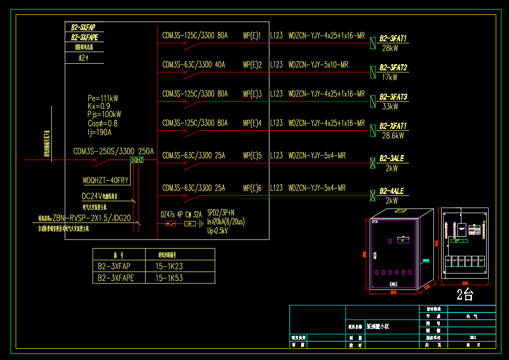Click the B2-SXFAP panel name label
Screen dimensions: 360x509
(83, 28)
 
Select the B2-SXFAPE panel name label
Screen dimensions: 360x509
(85, 37)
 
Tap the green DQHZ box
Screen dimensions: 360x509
(137, 160)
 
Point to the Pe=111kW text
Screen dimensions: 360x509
(103, 98)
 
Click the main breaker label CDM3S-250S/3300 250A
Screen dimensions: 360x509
(114, 151)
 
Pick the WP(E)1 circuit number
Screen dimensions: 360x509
(252, 35)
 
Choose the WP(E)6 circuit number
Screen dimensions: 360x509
(252, 188)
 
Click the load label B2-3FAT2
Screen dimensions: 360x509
(393, 68)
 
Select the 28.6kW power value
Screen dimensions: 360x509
(392, 136)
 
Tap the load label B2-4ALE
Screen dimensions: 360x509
(392, 191)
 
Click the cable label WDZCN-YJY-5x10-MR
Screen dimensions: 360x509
(318, 65)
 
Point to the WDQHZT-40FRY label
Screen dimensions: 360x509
(106, 180)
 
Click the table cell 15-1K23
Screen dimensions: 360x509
(169, 267)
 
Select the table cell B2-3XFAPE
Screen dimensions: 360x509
(116, 278)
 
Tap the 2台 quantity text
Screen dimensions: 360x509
(465, 295)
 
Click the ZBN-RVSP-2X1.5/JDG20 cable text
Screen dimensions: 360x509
(92, 218)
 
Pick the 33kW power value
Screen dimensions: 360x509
(390, 107)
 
